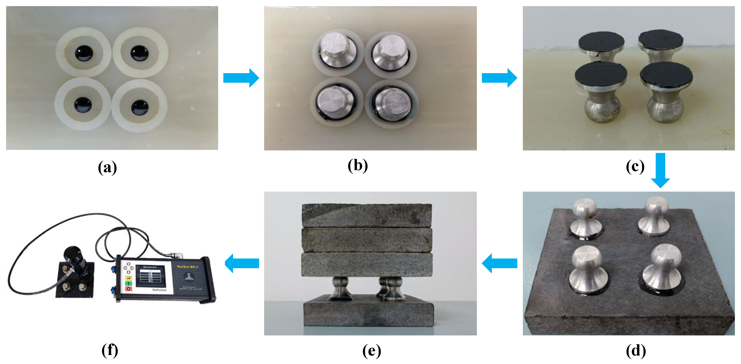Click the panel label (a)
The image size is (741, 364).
click(x=107, y=167)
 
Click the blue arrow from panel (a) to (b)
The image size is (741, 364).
click(x=241, y=78)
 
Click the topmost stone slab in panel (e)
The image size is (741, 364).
click(x=367, y=215)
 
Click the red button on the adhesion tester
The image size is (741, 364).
click(x=128, y=289)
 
